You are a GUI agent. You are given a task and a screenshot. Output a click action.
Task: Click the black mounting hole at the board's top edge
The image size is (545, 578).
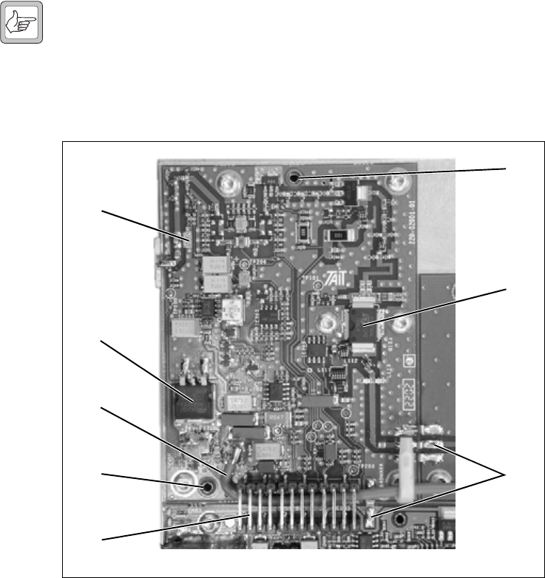[295, 178]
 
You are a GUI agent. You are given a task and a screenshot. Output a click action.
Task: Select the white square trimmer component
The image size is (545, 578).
[234, 313]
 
